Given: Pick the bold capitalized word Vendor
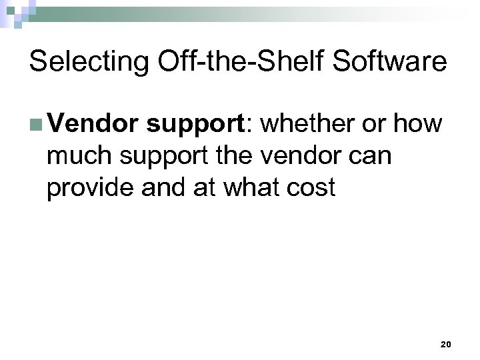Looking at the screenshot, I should pos(92,124).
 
